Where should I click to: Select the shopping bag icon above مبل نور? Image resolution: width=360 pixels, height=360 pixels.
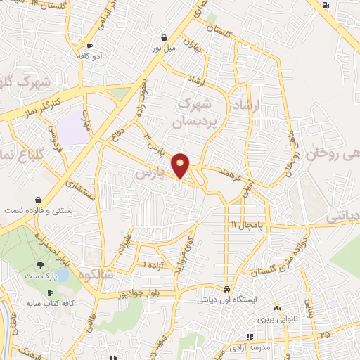(x=164, y=38)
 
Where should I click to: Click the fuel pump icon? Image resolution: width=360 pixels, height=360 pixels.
(x=326, y=6)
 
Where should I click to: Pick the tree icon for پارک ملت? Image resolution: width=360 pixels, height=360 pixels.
(x=41, y=264)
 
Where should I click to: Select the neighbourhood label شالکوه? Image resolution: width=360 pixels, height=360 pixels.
(x=97, y=273)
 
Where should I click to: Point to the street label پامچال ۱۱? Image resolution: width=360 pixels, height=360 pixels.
(x=244, y=224)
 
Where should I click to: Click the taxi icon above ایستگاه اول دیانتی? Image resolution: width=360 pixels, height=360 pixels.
(x=226, y=289)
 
